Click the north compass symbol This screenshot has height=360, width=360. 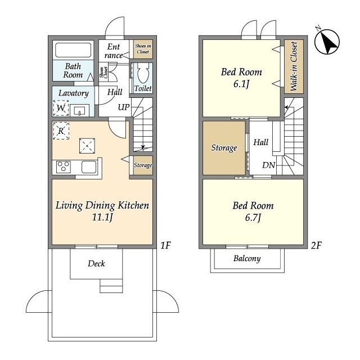tap(327, 42)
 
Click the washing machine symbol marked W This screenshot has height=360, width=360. tap(61, 108)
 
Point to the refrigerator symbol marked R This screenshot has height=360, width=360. tap(61, 130)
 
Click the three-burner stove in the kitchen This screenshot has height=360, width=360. tap(64, 166)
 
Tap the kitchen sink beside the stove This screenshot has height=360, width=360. tap(89, 167)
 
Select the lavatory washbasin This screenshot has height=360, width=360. tap(79, 111)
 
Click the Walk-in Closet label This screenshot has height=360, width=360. tap(294, 66)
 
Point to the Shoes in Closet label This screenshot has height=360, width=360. tap(143, 49)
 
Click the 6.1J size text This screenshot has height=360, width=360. tap(241, 84)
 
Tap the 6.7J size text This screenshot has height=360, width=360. tap(253, 218)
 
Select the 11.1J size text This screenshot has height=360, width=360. tap(102, 217)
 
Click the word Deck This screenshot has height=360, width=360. tap(96, 263)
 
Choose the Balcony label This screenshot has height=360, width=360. tap(247, 259)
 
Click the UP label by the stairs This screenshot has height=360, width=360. tap(124, 107)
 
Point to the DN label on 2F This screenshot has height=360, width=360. tap(269, 165)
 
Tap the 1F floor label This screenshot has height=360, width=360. tap(165, 245)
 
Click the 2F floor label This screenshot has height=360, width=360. tap(316, 245)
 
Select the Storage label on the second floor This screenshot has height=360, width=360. tap(224, 148)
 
